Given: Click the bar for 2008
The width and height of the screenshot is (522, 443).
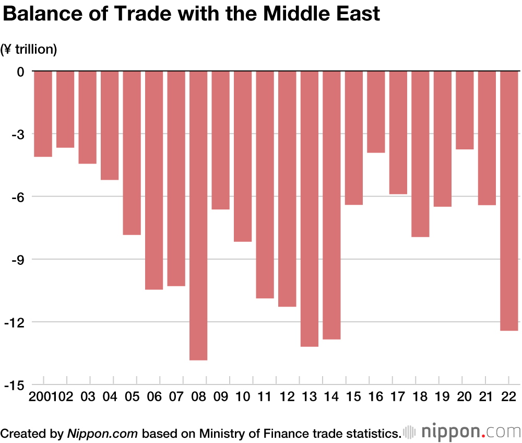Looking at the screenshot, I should [198, 215].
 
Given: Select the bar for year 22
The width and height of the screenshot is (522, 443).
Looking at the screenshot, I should [509, 201].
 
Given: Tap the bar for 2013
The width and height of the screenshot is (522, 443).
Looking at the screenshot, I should [309, 208].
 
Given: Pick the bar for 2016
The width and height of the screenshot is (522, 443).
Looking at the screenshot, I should [376, 112].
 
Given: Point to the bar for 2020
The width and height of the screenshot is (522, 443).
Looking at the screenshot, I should [465, 110].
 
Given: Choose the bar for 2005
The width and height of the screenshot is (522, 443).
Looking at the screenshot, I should [132, 153].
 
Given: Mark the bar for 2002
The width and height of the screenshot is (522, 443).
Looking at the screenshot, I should [65, 109].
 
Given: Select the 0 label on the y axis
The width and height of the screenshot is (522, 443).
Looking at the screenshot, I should [20, 72].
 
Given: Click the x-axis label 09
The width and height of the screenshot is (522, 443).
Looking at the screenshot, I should [220, 398].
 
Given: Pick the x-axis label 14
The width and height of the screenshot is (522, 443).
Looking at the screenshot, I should [331, 398].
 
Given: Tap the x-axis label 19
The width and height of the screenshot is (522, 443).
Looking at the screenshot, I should [442, 398].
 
